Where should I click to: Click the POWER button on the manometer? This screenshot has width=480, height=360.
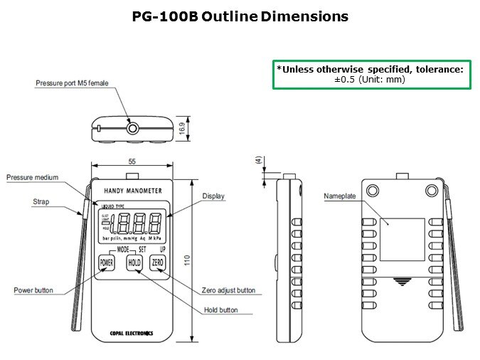coord(107,263)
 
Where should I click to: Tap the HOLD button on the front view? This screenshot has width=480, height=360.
coord(134,263)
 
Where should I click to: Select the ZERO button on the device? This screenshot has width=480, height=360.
coord(158,263)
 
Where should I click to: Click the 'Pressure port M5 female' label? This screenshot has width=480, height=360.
coord(72,83)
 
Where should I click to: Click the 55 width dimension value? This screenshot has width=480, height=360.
coord(132,162)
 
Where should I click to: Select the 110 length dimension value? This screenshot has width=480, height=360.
coord(187,260)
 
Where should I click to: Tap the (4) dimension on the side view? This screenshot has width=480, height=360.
coord(257,161)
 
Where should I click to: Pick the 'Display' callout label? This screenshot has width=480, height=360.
coord(213,196)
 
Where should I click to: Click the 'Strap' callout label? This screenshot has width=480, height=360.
coord(41,201)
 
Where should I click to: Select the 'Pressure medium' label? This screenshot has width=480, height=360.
coord(32,177)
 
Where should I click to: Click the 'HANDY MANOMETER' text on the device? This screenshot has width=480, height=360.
coord(133,191)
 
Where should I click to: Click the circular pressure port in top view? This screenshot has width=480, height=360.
coord(132,128)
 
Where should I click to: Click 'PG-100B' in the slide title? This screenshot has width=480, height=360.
coord(165,16)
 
